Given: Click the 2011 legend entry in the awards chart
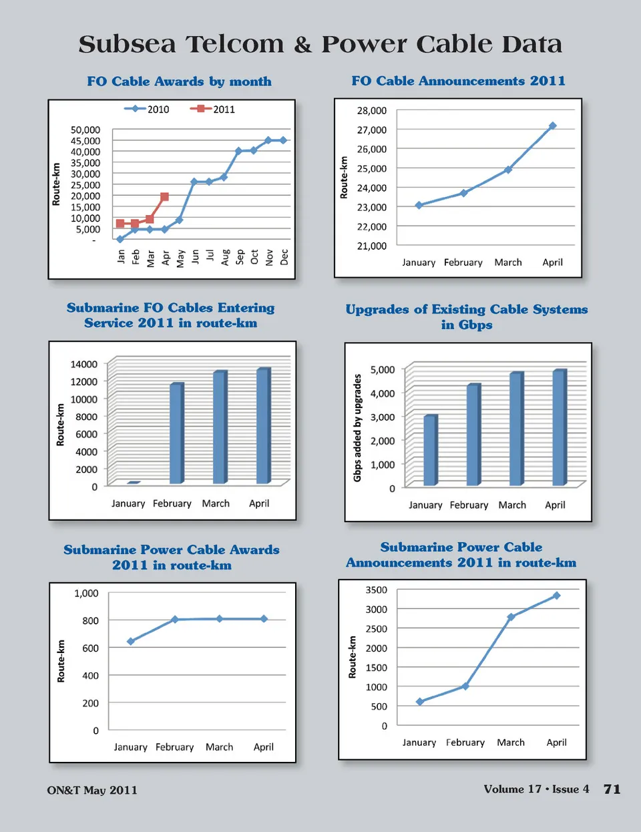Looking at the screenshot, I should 213,109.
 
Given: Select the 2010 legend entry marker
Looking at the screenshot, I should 136,109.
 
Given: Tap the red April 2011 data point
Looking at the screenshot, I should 164,197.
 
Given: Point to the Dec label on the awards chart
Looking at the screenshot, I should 284,256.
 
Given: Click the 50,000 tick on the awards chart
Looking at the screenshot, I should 85,130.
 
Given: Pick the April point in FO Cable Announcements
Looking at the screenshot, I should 552,126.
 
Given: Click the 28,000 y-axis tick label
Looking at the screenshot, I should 371,110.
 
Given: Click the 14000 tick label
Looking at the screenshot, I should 84,364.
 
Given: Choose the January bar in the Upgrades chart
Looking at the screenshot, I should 431,450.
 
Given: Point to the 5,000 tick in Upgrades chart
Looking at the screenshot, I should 382,369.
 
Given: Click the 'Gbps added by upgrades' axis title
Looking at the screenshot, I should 357,427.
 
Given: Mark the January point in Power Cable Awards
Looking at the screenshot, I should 131,641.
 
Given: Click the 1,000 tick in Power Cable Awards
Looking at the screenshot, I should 86,593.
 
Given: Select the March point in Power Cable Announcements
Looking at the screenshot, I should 511,617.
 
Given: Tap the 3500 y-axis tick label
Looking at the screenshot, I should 376,590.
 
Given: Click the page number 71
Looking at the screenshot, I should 612,789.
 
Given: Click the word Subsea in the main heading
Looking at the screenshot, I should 127,45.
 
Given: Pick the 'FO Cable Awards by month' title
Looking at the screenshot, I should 179,81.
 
